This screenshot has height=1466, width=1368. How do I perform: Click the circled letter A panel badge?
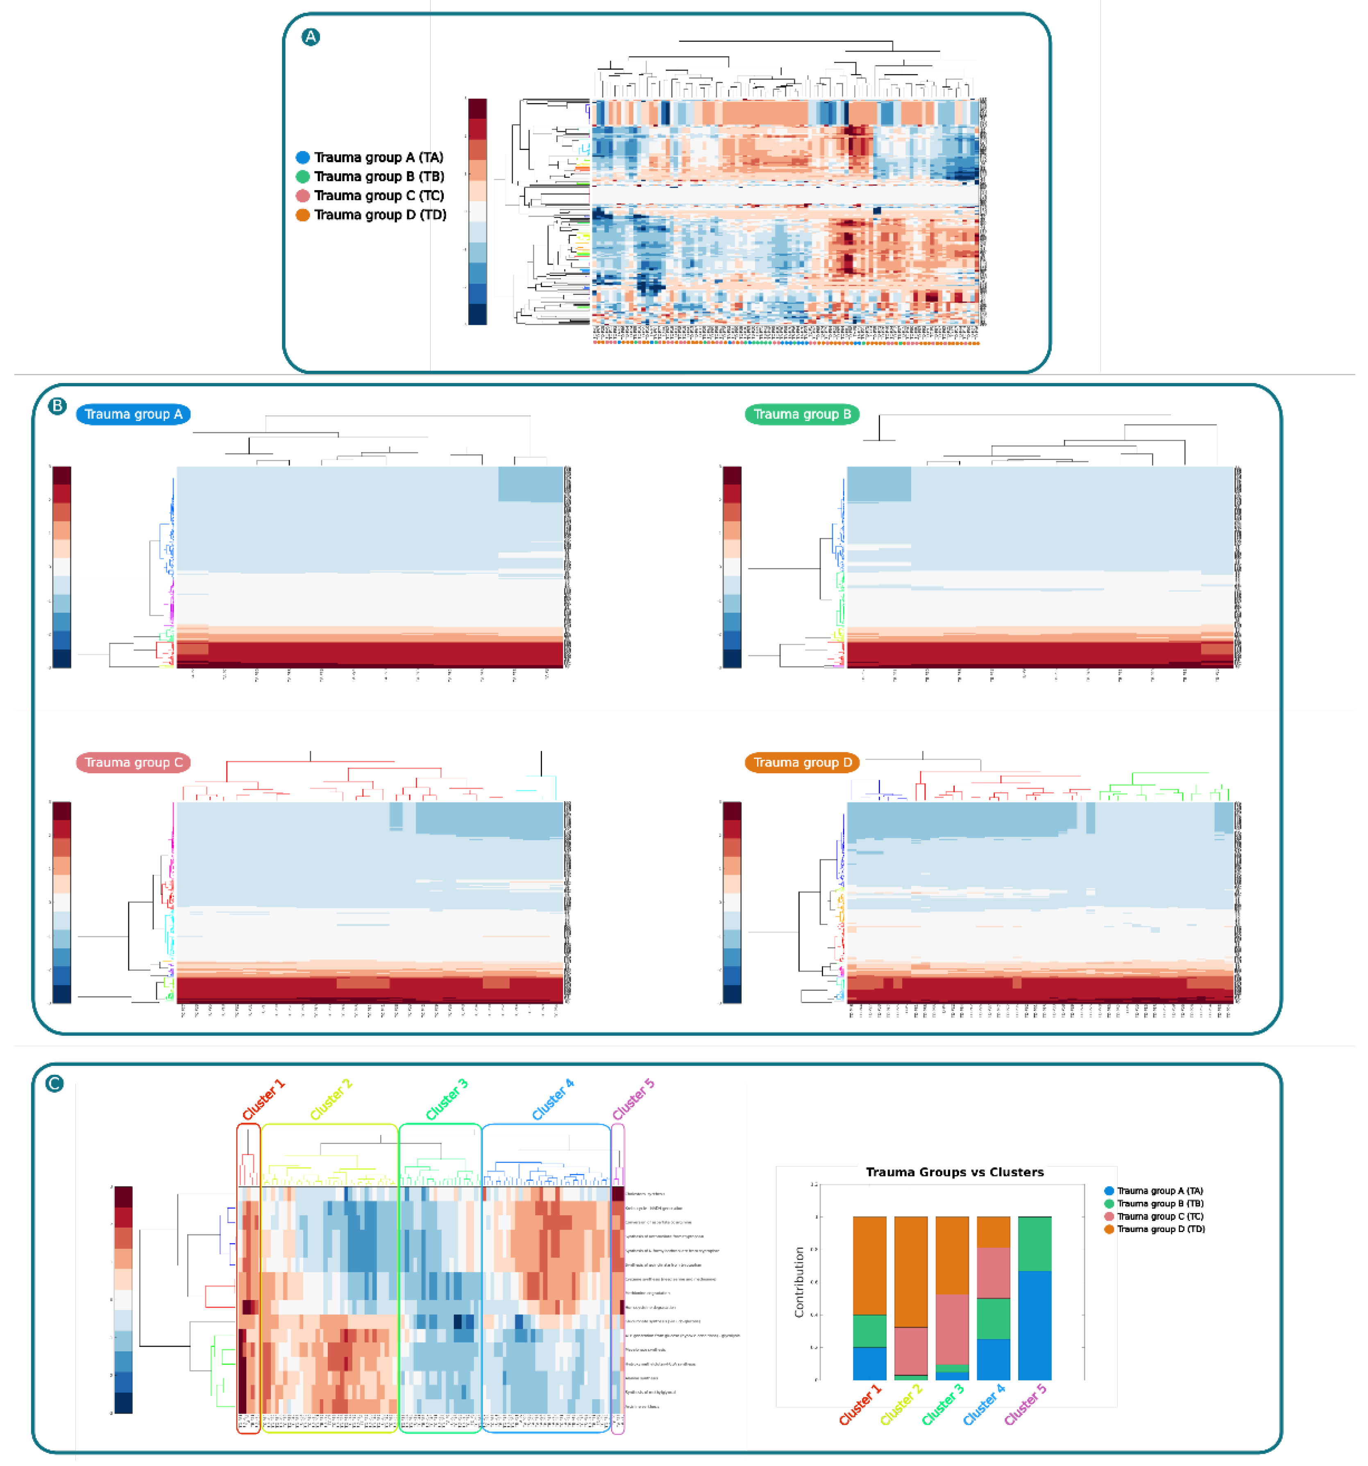click(311, 37)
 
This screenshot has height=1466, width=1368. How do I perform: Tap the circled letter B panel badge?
click(57, 406)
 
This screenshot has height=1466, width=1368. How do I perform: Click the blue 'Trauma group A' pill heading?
click(134, 415)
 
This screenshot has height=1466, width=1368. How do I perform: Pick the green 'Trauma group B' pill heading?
click(802, 415)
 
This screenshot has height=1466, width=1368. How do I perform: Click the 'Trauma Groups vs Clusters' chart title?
click(954, 1172)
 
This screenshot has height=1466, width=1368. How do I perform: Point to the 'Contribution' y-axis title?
click(799, 1282)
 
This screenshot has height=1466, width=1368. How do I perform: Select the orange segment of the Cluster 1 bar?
click(869, 1265)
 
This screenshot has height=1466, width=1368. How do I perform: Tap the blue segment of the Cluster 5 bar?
click(1035, 1325)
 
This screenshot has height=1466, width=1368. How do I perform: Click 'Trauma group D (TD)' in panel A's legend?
click(380, 215)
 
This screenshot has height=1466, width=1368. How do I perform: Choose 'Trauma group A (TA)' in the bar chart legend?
click(1159, 1191)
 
